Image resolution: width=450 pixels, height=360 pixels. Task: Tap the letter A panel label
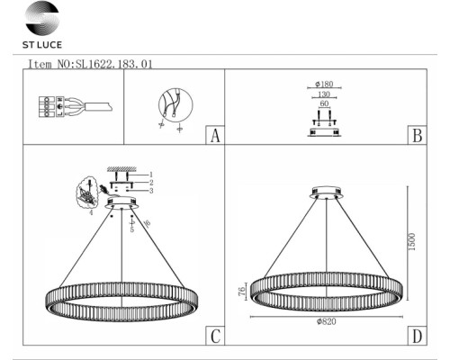tap(214, 137)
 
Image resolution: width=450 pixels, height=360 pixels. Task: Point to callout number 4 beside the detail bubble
tap(92, 213)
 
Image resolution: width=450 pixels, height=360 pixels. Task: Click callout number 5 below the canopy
tap(133, 229)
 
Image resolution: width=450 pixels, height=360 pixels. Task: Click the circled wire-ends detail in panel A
tap(172, 105)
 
